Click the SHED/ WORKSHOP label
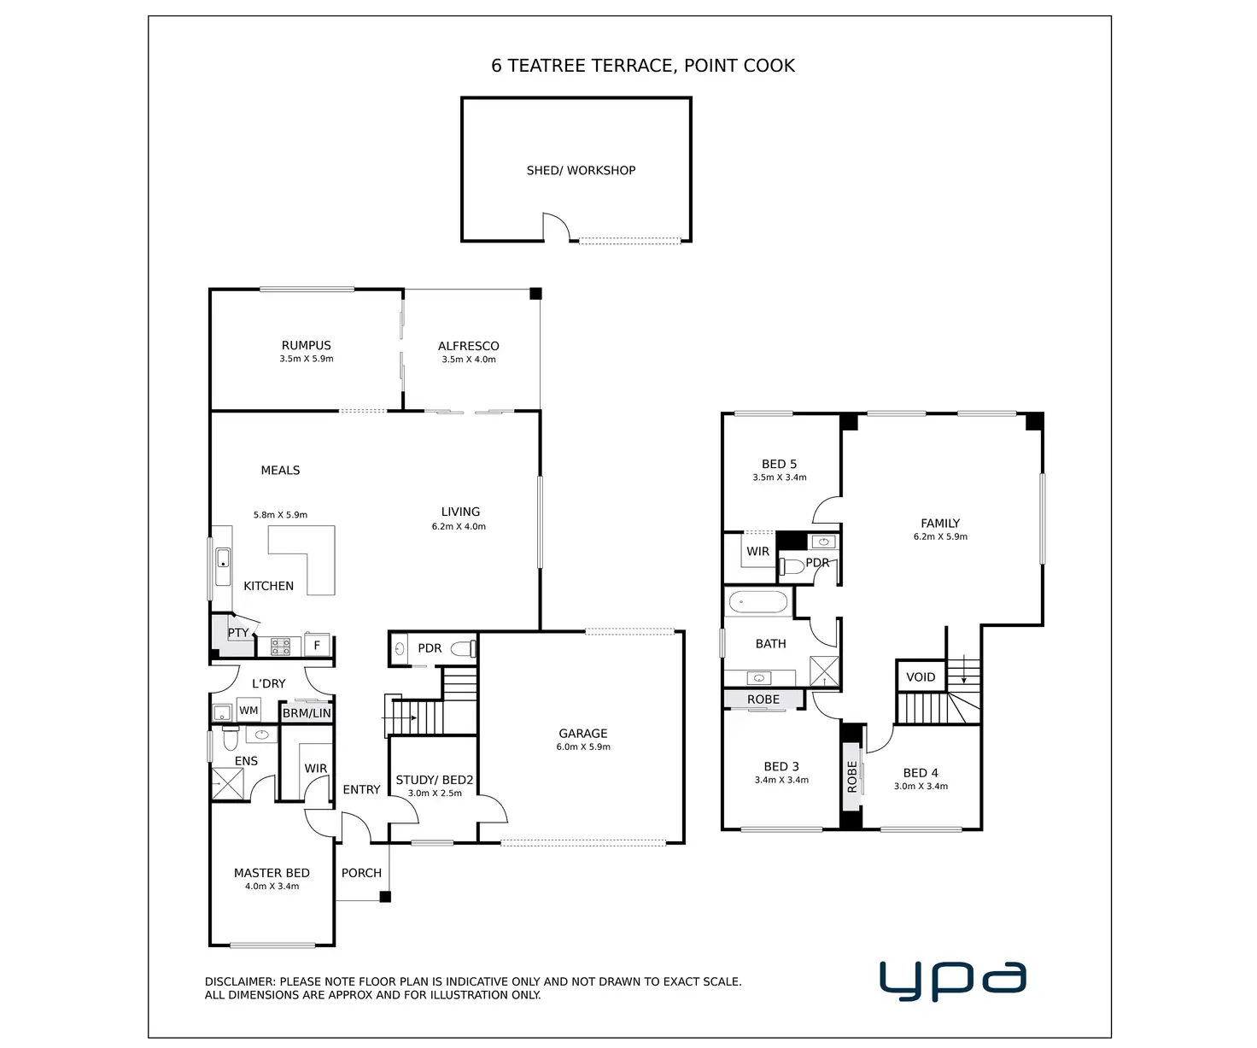coord(581,171)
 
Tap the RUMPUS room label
coord(307,346)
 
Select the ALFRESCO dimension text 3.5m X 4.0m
coord(469,360)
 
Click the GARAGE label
coord(583,734)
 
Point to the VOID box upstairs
coord(921,676)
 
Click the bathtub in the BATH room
coord(757,603)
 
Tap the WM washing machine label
coord(248,711)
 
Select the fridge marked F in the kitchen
coord(317,646)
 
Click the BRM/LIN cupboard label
coord(307,713)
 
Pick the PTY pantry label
coord(238,633)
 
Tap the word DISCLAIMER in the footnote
coord(239,982)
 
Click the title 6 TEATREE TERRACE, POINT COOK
coord(643,66)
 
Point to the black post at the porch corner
coord(385,897)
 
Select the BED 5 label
coord(779,465)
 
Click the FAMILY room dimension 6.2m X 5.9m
coord(940,537)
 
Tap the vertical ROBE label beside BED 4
coord(851,777)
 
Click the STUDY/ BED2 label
coord(435,780)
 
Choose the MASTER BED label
coord(272,873)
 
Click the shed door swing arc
coord(558,226)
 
